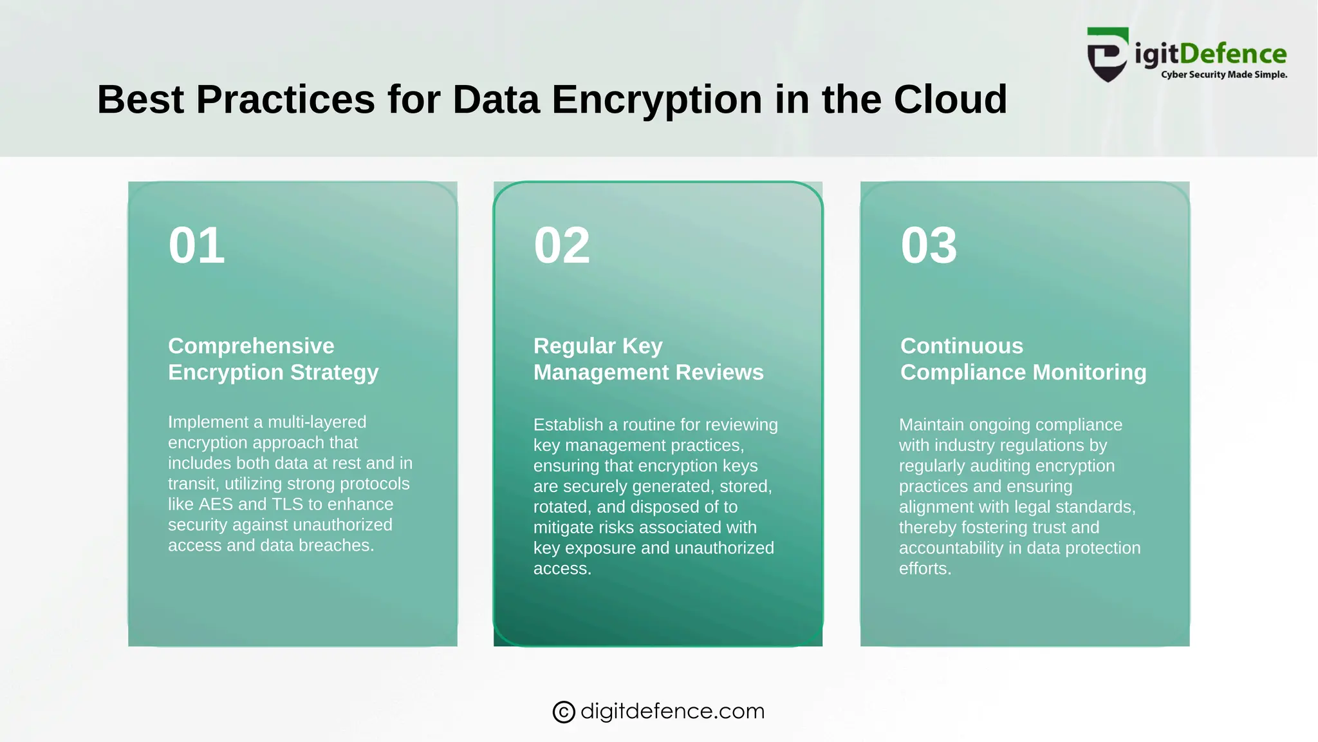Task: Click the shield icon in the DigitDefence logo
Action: (x=1107, y=55)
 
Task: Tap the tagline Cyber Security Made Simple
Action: (x=1223, y=75)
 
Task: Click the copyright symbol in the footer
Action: (x=563, y=712)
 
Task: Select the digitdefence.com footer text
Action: (x=673, y=711)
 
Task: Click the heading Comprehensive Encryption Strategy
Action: (x=273, y=359)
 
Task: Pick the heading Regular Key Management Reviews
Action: (x=648, y=359)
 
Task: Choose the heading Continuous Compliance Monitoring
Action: (x=1023, y=359)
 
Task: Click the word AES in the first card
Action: (x=216, y=504)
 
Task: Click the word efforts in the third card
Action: (x=924, y=569)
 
